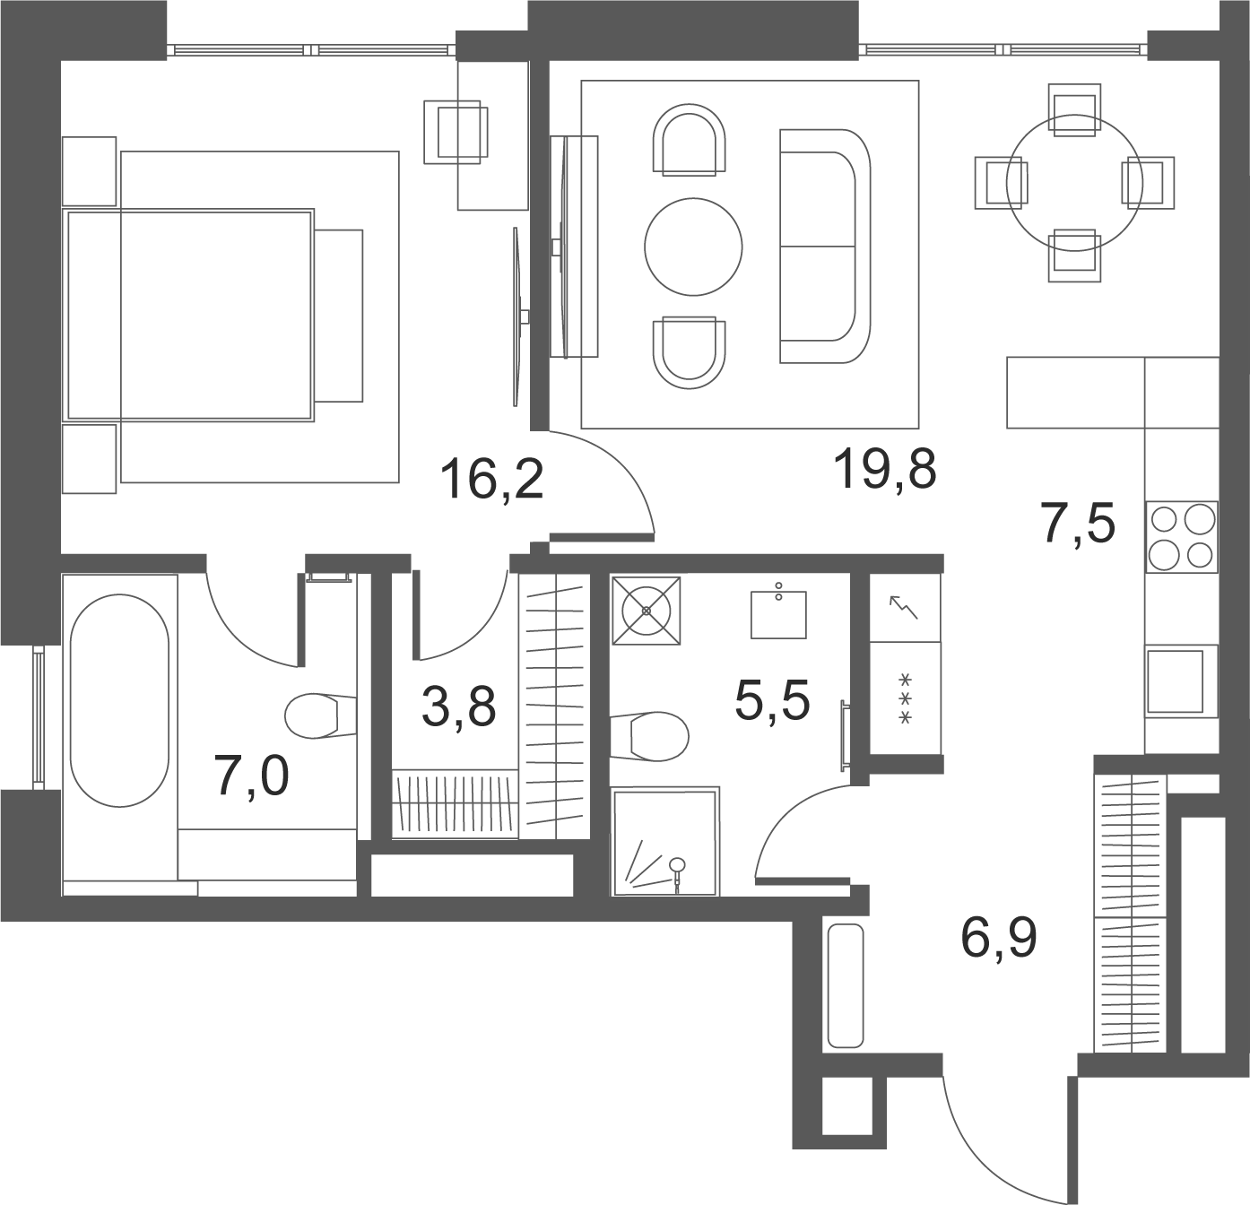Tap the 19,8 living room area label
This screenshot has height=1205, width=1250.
coord(884,469)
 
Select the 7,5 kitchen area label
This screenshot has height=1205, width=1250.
coord(1077,524)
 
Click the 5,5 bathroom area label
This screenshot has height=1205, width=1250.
coord(772,700)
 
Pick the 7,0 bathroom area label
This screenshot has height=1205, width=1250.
coord(252,776)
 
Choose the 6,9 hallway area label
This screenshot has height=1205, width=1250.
coord(999,939)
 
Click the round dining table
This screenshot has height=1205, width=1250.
coord(1074,183)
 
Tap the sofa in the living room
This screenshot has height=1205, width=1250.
coord(825,246)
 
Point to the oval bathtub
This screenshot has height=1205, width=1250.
coord(119,701)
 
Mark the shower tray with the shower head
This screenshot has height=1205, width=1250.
coord(665,842)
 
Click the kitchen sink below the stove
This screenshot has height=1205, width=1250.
coord(1175,681)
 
